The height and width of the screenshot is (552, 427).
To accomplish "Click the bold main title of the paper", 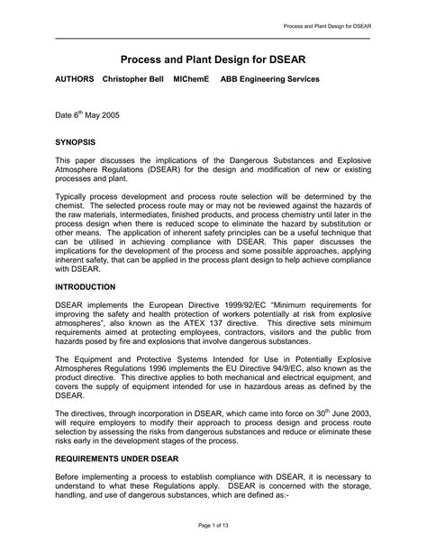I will [213, 57].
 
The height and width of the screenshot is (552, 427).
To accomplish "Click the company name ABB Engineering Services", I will [272, 79].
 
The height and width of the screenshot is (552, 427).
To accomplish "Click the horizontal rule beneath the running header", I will [213, 39].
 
